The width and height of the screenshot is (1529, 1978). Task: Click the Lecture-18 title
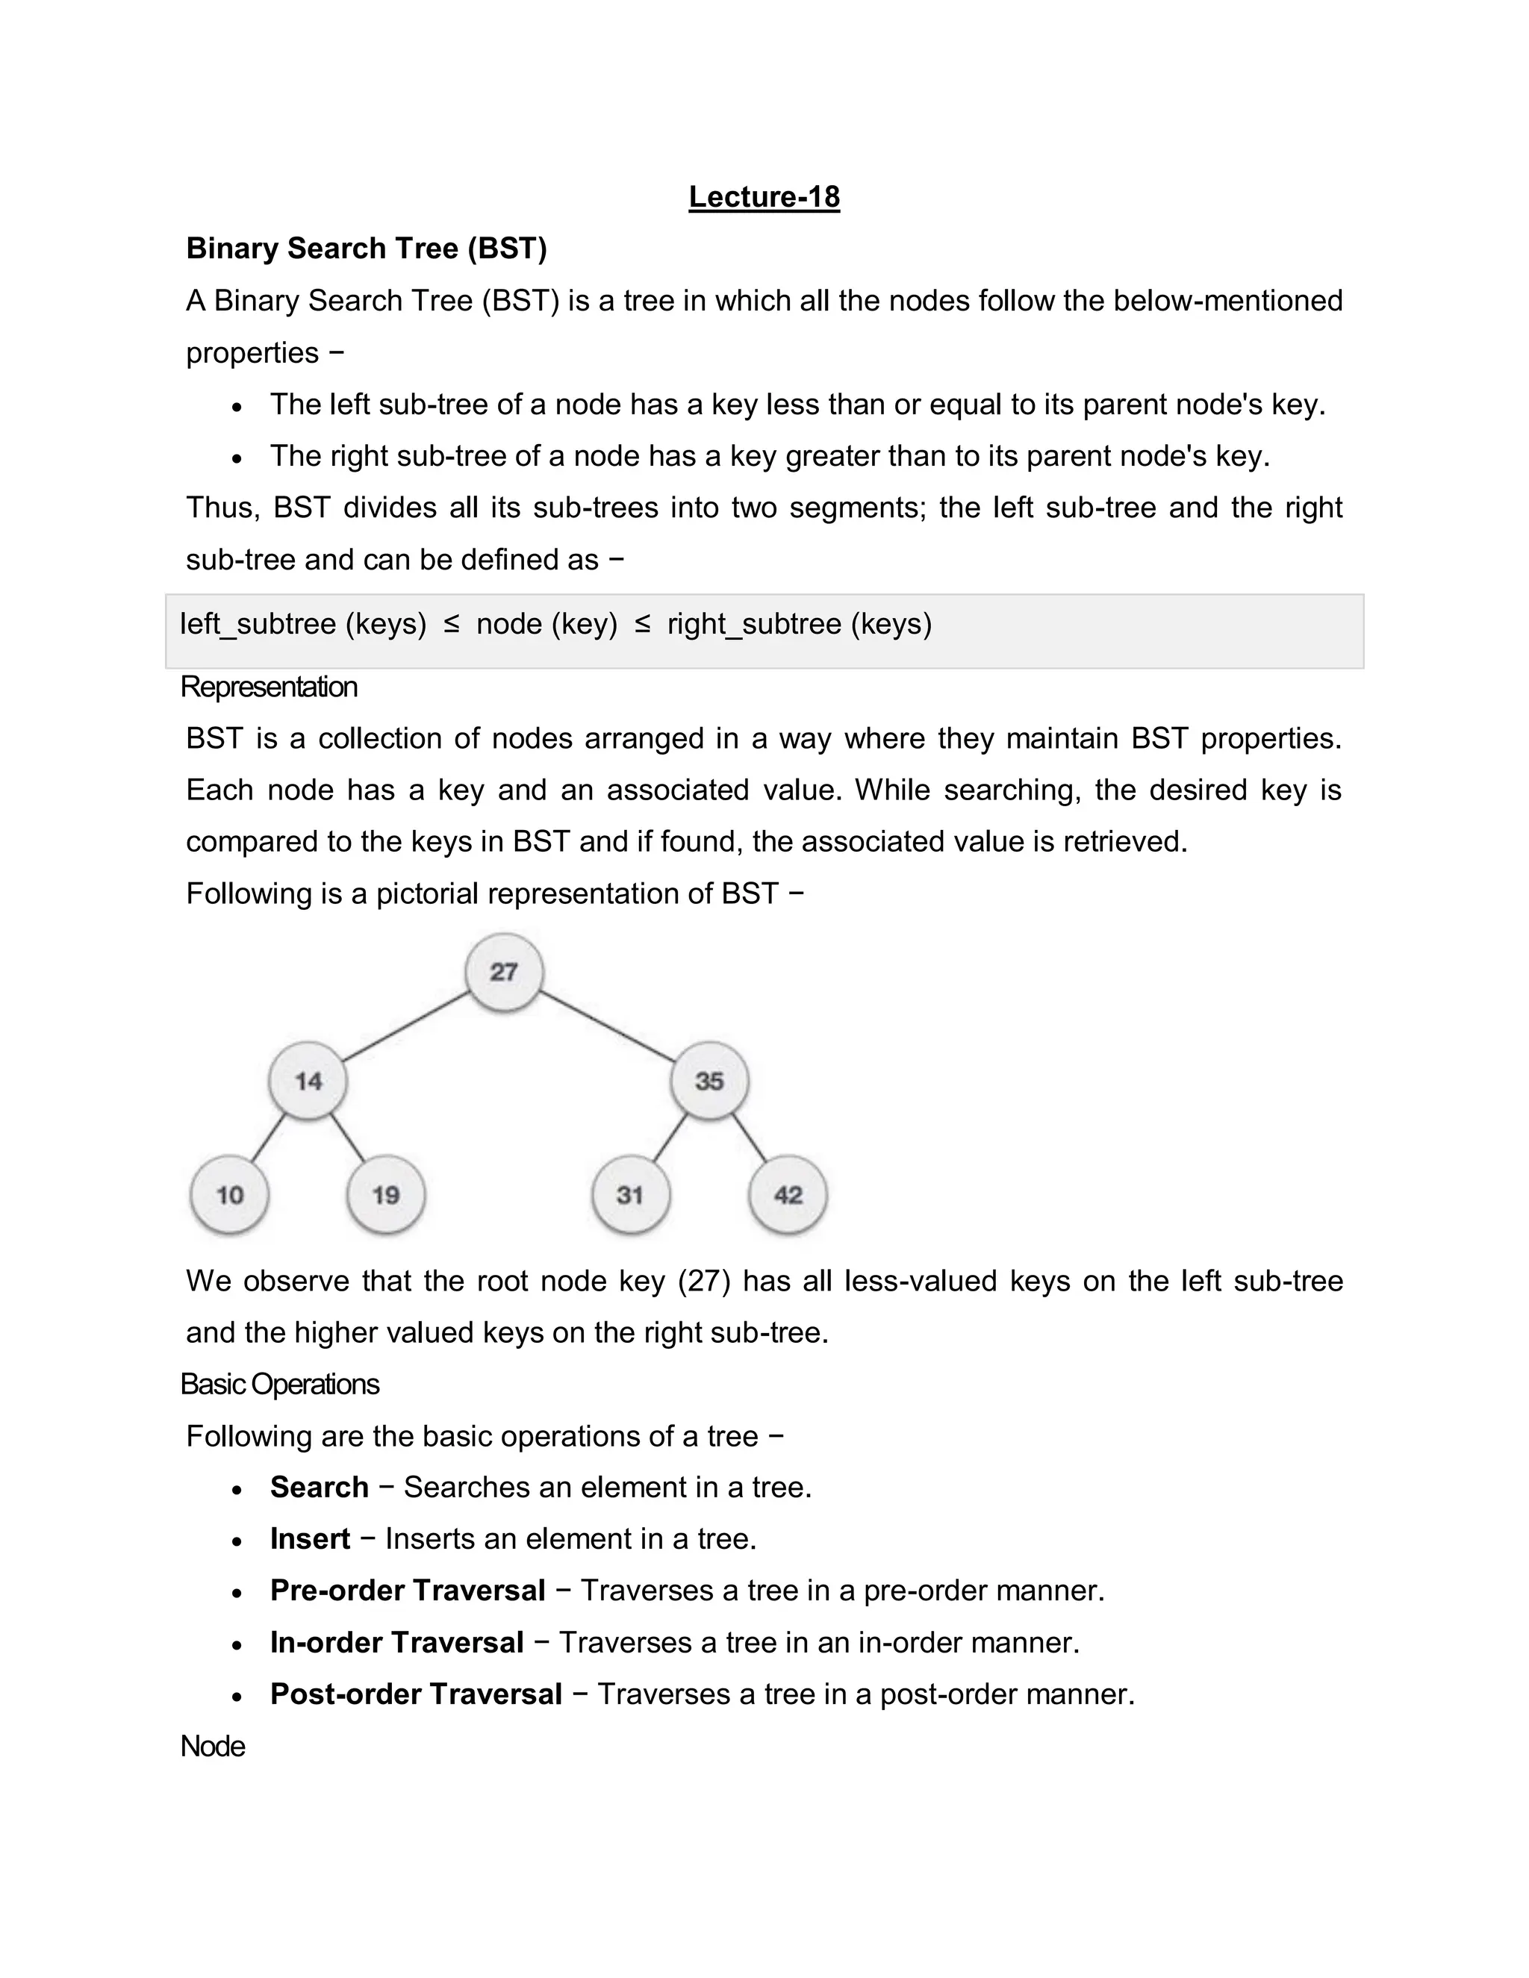pos(764,196)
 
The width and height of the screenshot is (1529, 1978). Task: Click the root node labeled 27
pos(504,972)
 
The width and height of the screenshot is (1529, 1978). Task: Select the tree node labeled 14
pos(308,1081)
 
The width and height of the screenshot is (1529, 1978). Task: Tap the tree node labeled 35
pos(709,1081)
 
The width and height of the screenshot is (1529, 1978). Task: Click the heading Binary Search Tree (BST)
pos(366,248)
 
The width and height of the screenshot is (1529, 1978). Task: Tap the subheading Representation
pos(269,687)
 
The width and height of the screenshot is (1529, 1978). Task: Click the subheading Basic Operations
pos(279,1384)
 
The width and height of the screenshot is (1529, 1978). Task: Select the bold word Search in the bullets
pos(319,1487)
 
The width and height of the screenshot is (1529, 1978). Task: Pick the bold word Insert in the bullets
pos(310,1539)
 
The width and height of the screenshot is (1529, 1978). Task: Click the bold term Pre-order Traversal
pos(408,1591)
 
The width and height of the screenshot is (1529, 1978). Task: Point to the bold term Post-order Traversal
pos(416,1694)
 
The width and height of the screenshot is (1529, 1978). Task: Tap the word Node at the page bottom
pos(213,1746)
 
